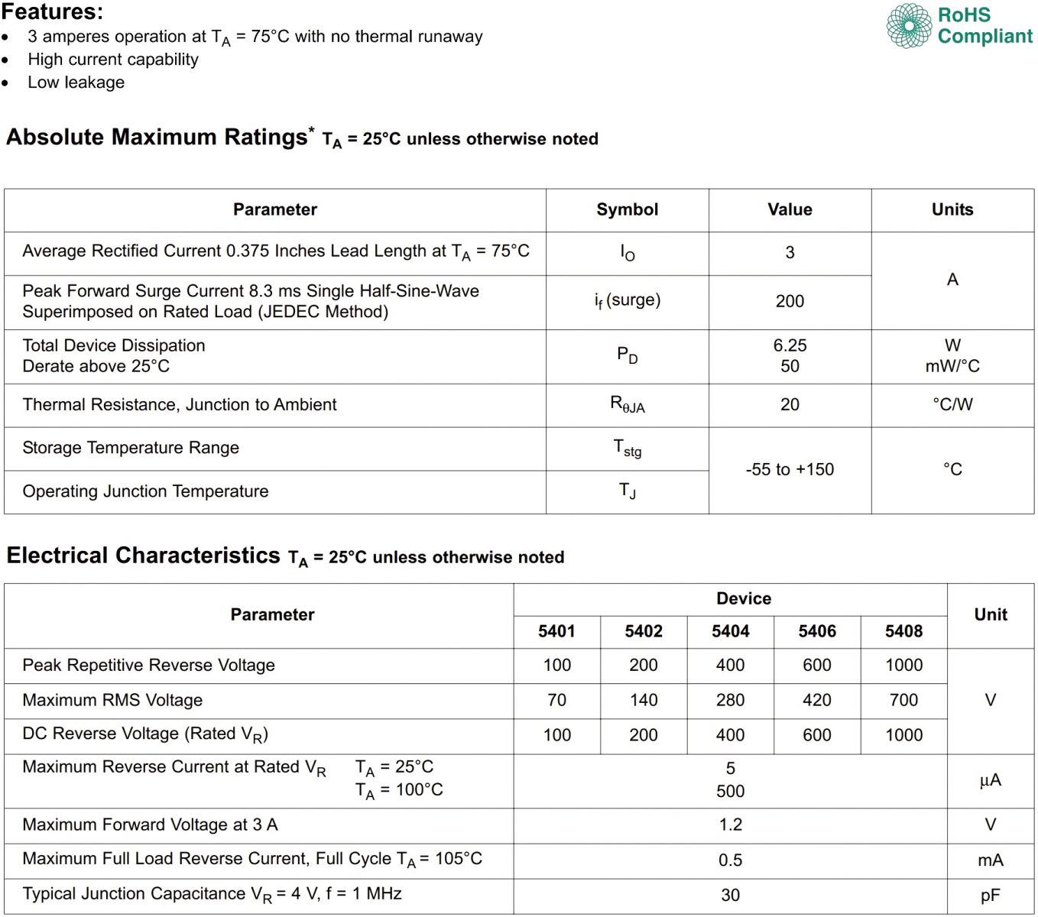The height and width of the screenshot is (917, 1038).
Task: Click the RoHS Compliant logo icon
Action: (909, 25)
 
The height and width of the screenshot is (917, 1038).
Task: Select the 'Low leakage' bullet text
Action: (76, 83)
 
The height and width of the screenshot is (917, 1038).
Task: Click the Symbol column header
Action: (627, 210)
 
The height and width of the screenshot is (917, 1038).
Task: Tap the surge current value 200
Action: (790, 302)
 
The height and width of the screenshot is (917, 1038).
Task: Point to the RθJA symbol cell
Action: (627, 404)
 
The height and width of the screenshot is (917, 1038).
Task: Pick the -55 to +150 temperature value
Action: (790, 470)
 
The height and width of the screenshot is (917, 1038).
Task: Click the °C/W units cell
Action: (952, 404)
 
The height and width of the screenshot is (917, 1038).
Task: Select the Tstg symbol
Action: (627, 449)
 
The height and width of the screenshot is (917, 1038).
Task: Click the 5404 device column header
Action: (730, 631)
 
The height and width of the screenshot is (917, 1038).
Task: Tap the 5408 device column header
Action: (903, 631)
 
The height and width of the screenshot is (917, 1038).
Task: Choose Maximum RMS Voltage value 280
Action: (730, 700)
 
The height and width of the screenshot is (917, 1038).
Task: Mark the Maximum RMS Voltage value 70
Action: (556, 700)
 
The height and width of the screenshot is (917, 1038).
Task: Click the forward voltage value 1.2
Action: (730, 825)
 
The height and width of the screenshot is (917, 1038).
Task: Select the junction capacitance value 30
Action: (730, 895)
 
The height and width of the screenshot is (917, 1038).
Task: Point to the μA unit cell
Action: (990, 780)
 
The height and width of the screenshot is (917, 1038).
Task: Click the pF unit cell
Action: (990, 895)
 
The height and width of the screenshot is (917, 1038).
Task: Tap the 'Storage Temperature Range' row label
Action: (131, 448)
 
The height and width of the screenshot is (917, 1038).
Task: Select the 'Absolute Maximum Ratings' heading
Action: (157, 138)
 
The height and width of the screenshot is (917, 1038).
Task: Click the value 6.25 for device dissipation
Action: (790, 345)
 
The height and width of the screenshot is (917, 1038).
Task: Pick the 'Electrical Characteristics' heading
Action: (144, 556)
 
